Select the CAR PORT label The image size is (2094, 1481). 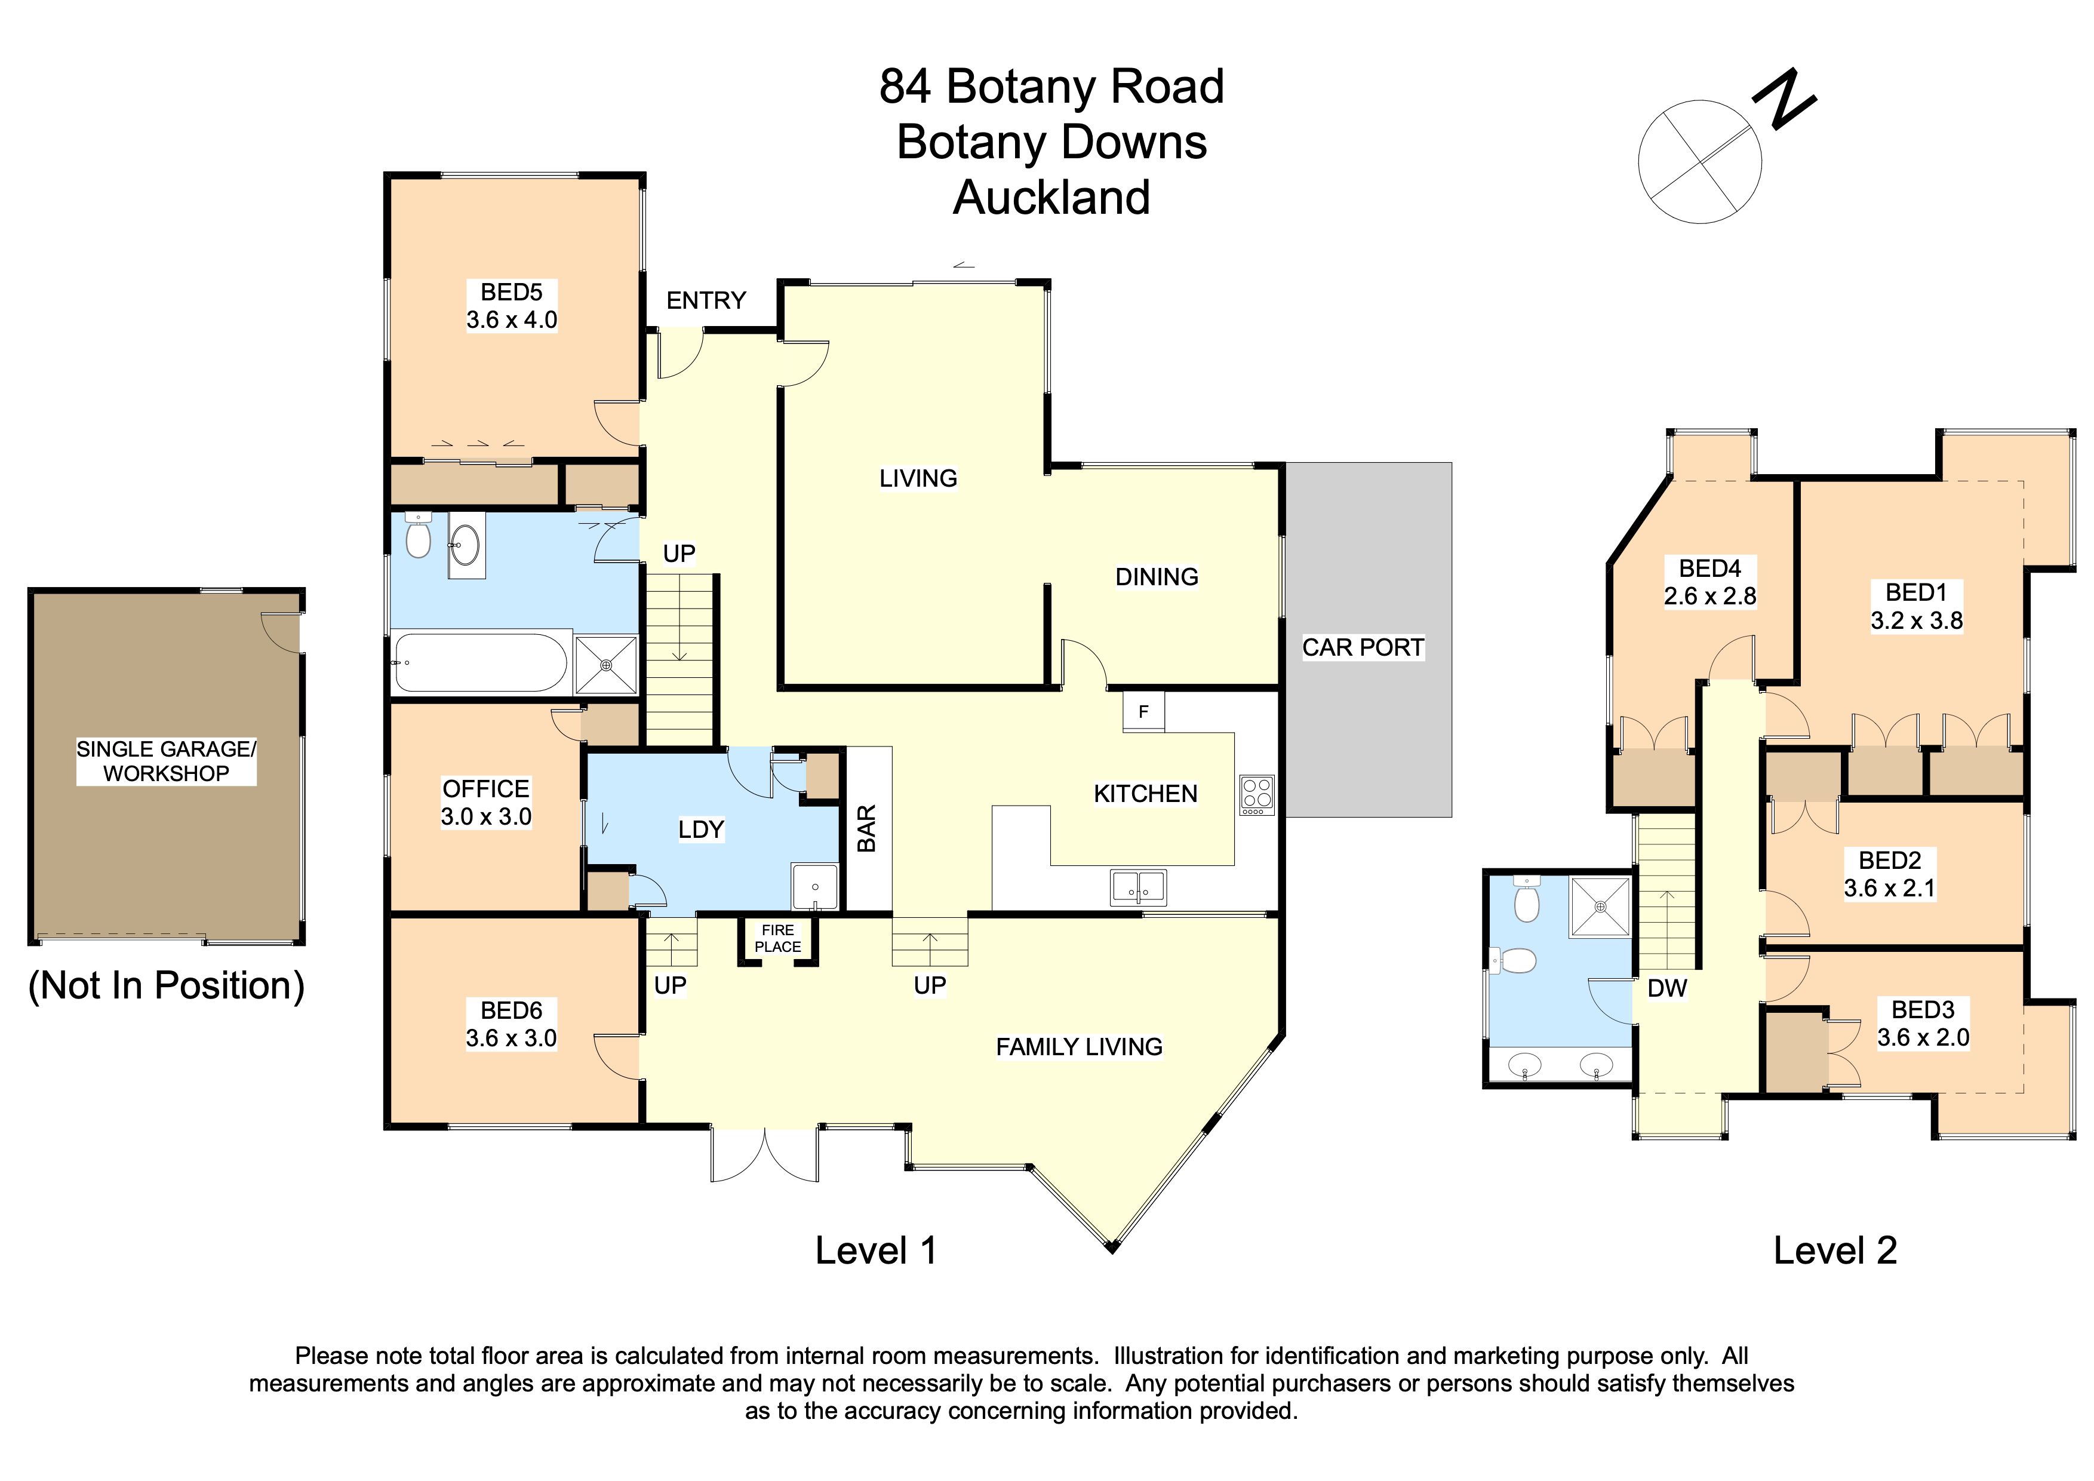click(1363, 647)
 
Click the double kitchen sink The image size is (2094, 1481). click(1137, 886)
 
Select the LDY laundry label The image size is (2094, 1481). click(700, 829)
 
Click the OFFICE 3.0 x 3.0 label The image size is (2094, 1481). click(485, 803)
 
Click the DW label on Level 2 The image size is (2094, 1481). click(1666, 988)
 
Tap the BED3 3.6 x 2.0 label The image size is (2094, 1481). click(1923, 1023)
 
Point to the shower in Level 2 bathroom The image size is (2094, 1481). click(1600, 907)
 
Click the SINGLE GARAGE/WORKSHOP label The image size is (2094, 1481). click(166, 761)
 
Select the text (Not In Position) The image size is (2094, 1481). click(166, 986)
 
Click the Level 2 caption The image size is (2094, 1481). click(1834, 1250)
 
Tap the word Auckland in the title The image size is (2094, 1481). click(1051, 198)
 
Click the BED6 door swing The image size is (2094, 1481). click(617, 1058)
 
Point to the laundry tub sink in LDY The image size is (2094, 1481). click(814, 886)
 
